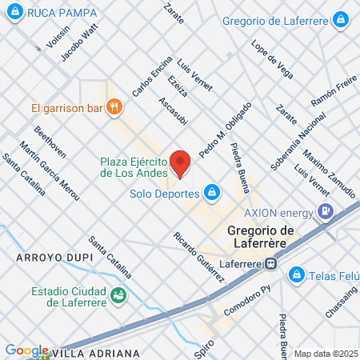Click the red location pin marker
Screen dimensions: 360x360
[x=180, y=163]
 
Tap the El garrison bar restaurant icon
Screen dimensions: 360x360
[x=115, y=106]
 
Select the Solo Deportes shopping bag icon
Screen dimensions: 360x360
[x=212, y=192]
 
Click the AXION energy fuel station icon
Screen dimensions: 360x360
[x=326, y=212]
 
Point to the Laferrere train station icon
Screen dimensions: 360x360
[x=272, y=261]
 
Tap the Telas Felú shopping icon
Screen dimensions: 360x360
[x=296, y=274]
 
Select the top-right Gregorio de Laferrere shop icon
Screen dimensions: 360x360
[x=342, y=19]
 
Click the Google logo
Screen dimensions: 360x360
[x=26, y=350]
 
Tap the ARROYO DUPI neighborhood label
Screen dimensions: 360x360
[x=49, y=258]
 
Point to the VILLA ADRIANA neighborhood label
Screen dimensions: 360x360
[x=95, y=352]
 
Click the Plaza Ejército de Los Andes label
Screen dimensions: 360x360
[x=134, y=166]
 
